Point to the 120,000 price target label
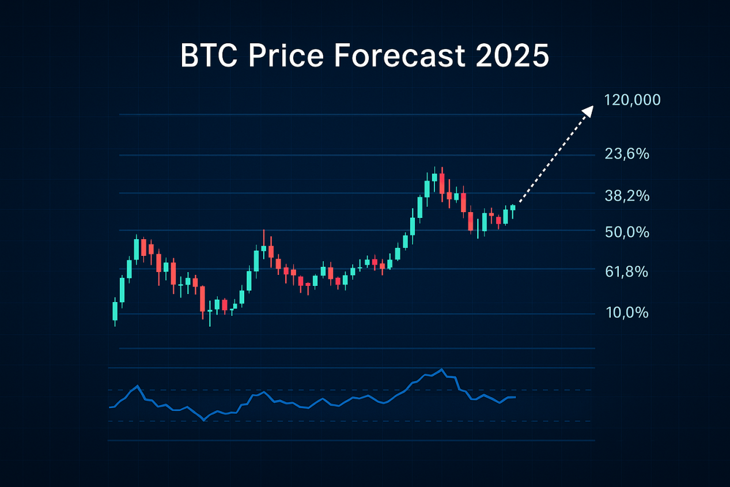(632, 100)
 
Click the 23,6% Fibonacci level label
(627, 154)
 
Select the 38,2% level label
(627, 196)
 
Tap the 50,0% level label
(627, 232)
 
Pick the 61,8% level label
(627, 271)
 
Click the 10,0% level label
(627, 313)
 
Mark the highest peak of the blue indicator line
(442, 369)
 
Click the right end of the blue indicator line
(515, 397)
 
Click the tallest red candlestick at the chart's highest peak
(442, 184)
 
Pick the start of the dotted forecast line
(519, 203)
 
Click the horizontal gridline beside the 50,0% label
(357, 231)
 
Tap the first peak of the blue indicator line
(137, 386)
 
